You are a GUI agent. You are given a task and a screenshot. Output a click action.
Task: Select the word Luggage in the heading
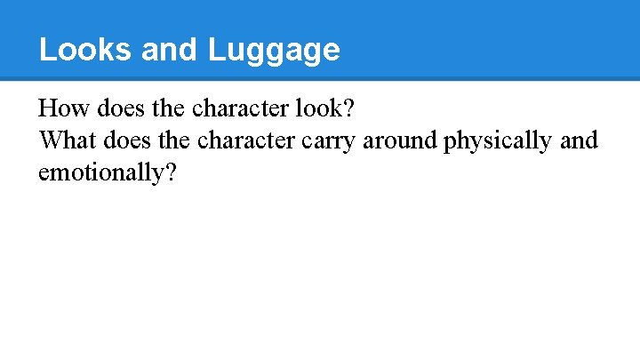274,51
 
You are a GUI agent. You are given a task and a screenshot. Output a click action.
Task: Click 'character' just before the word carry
238,140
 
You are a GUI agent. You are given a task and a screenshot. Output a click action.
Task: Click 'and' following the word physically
580,140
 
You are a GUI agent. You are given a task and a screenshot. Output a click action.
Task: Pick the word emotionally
100,172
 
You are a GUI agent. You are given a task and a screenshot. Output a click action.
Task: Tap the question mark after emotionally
170,171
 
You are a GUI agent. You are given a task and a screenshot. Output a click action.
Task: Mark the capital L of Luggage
216,50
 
